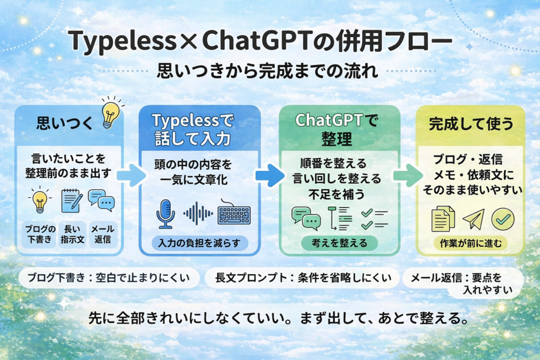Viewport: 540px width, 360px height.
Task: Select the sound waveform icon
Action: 198,213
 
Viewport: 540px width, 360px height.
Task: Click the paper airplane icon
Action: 473,219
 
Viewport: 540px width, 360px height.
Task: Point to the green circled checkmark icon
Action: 503,219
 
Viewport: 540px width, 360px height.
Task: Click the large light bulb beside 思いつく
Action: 110,113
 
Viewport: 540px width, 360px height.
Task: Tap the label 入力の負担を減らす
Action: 192,242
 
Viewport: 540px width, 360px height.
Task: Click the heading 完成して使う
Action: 470,124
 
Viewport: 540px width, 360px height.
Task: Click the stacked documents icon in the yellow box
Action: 443,219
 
